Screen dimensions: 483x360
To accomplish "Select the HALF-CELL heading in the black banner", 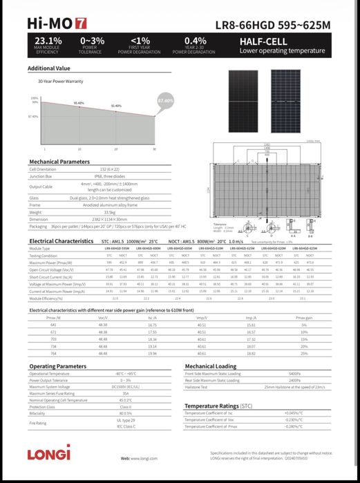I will [259, 41].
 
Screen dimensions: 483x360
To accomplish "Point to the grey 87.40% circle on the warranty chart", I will [165, 101].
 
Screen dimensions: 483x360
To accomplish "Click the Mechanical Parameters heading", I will [59, 161].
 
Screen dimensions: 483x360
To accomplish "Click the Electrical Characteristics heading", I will [63, 240].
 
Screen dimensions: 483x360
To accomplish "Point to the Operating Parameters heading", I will [57, 366].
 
